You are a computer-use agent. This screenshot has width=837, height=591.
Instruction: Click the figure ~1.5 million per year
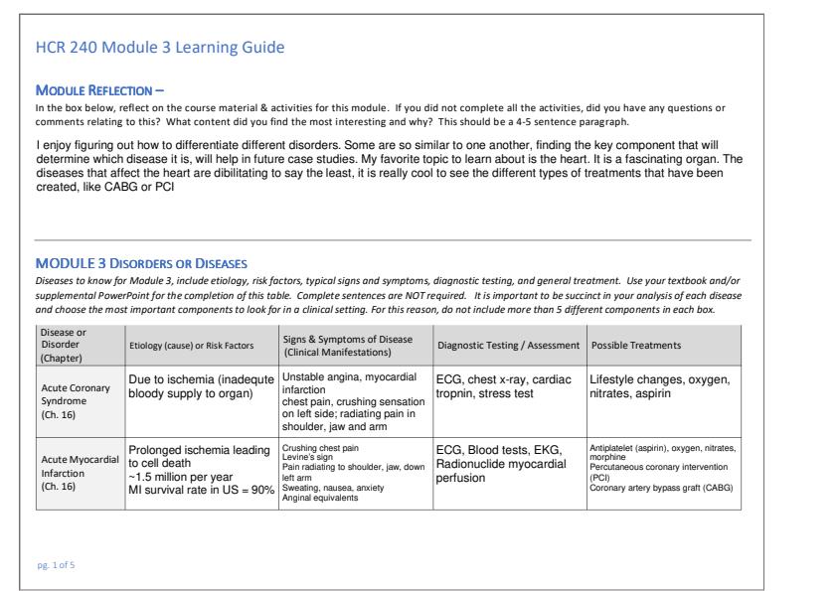pyautogui.click(x=181, y=475)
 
